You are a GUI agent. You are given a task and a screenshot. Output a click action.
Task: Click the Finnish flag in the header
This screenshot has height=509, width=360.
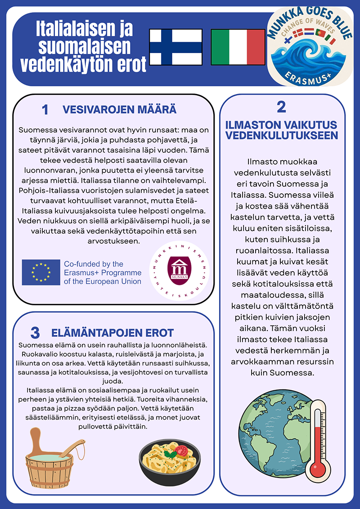point(176,47)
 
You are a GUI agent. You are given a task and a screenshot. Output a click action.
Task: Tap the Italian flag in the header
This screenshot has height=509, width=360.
point(238,47)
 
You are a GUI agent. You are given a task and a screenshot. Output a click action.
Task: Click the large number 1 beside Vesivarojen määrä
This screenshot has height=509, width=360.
point(45,110)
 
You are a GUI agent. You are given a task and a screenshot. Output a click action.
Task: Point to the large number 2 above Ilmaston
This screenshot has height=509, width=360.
point(282,107)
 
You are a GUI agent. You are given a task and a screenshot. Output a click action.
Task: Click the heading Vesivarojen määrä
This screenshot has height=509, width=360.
point(119,109)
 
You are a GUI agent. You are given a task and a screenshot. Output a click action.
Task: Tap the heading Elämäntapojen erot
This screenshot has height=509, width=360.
point(112,333)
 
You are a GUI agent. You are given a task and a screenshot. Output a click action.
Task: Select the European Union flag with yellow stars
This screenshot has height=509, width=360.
point(41,272)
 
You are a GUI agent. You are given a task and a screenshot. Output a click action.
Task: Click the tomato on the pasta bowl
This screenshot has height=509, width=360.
point(181,451)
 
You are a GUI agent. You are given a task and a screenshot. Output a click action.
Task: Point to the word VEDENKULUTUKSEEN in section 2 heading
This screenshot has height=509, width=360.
point(282,136)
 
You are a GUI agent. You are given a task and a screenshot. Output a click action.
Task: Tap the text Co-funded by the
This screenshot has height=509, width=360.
point(93,264)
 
